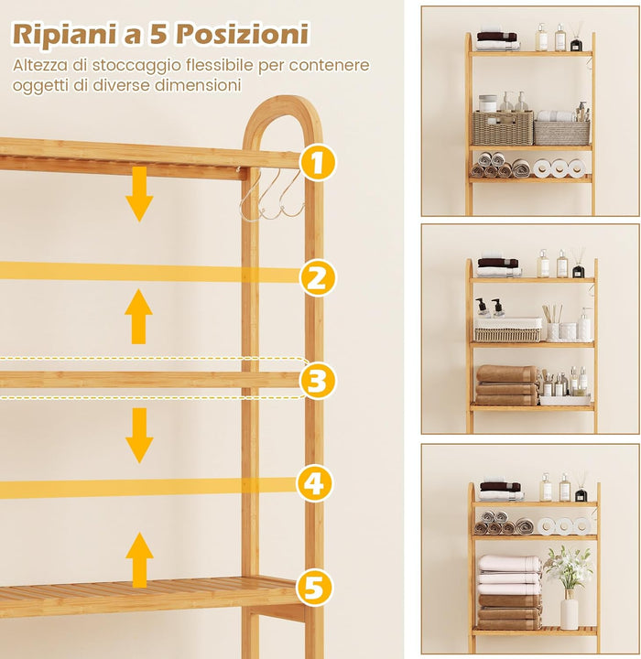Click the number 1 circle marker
click(x=316, y=163)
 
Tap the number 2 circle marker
click(x=316, y=277)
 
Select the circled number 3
click(x=316, y=381)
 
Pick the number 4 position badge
click(x=314, y=483)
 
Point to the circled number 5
click(x=314, y=587)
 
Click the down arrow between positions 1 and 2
click(x=139, y=194)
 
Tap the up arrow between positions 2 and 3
click(x=138, y=317)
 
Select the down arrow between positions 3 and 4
click(x=139, y=435)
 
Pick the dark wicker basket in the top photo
click(x=502, y=128)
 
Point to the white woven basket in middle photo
click(x=507, y=329)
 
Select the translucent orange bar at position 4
click(x=147, y=488)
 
